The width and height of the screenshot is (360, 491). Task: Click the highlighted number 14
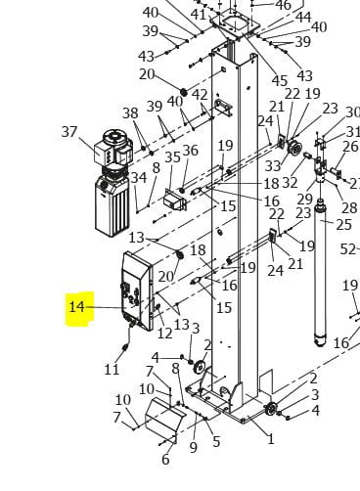tap(77, 307)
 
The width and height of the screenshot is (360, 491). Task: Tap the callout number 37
tap(69, 132)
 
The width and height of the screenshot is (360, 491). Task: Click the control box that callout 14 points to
tap(137, 291)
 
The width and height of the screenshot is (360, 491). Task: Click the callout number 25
tap(343, 225)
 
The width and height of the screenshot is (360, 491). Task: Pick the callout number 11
tap(112, 370)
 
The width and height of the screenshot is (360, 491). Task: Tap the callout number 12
tap(164, 333)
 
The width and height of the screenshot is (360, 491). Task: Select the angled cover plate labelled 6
tap(165, 420)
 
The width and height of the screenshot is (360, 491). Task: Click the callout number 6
tap(165, 460)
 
